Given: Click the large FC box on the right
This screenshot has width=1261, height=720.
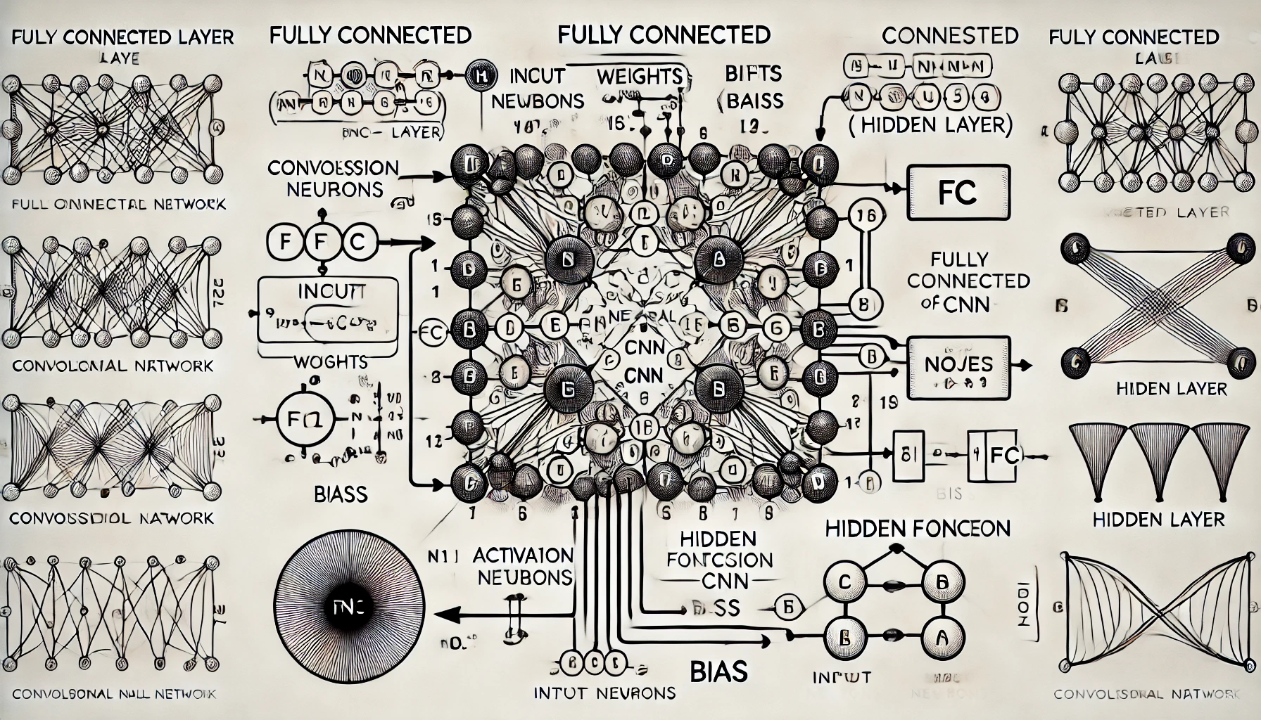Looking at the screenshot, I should tap(958, 192).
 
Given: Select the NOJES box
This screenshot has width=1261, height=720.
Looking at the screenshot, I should tap(958, 366).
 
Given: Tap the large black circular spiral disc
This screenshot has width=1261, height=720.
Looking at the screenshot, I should tap(348, 607).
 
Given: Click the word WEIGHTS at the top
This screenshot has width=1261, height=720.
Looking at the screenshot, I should tap(639, 76).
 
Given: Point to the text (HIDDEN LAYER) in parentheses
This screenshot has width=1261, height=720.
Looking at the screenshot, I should tap(930, 124).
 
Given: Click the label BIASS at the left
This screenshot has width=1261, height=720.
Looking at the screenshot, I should tap(341, 494).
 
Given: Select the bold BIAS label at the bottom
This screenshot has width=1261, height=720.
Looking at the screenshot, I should tap(718, 671).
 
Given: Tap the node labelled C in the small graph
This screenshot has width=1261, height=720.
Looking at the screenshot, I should tap(845, 581).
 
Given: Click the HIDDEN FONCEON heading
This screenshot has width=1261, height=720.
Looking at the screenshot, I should tap(918, 529).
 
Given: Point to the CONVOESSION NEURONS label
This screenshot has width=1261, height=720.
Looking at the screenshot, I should tap(333, 179).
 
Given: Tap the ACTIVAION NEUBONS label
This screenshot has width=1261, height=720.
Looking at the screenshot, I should tap(522, 566).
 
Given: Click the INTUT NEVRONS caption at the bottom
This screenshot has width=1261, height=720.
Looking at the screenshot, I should tap(604, 693).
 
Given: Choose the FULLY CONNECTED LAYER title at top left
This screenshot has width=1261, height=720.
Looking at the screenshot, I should tap(123, 37).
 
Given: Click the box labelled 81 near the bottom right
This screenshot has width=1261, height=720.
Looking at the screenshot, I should tap(908, 455).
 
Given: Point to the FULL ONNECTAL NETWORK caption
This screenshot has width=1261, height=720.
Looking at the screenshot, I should tap(119, 205).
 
